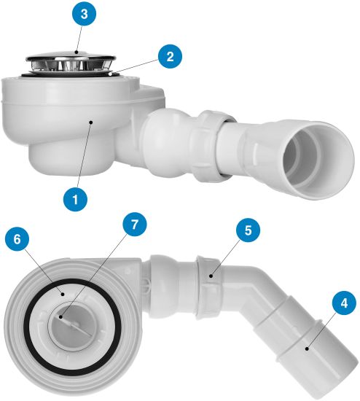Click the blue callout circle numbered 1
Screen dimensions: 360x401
coord(76,199)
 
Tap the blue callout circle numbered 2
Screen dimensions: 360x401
coord(170,57)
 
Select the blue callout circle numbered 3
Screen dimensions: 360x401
coord(84,14)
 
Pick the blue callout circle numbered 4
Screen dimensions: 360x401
coord(344,303)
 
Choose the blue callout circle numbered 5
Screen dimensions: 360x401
coord(248,230)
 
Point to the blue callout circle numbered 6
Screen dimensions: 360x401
coord(17,240)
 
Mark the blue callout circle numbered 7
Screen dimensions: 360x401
coord(134,225)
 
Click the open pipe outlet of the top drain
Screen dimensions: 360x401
coord(318,160)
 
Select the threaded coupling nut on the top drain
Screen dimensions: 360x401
coord(209,146)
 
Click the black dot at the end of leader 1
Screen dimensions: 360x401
coord(91,122)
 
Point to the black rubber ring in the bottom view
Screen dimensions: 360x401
coord(72,324)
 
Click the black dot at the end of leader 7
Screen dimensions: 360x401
coord(61,317)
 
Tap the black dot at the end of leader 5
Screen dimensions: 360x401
coord(211,276)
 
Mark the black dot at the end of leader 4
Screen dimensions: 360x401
coord(306,348)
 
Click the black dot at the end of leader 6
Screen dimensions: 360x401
coord(62,294)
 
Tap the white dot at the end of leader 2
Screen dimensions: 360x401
coord(110,74)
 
